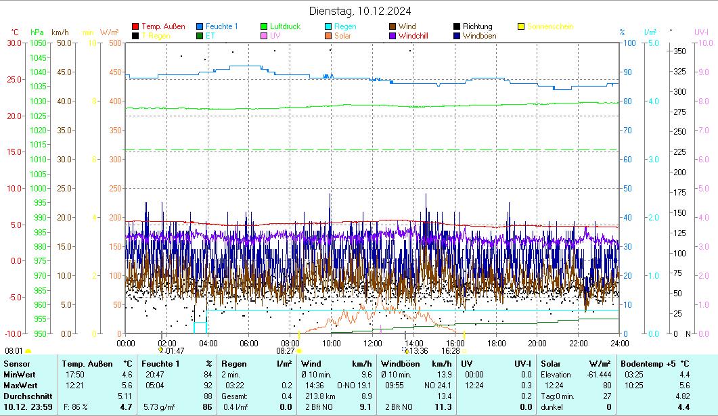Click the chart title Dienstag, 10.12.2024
359,11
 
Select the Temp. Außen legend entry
163,26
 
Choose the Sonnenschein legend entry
549,26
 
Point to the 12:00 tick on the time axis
373,343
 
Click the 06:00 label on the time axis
249,343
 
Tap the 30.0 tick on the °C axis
14,43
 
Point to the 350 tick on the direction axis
680,51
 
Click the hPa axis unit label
37,32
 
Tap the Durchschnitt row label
26,396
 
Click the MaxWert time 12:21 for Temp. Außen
74,385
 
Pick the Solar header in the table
551,364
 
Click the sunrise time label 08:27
286,351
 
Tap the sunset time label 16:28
451,351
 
